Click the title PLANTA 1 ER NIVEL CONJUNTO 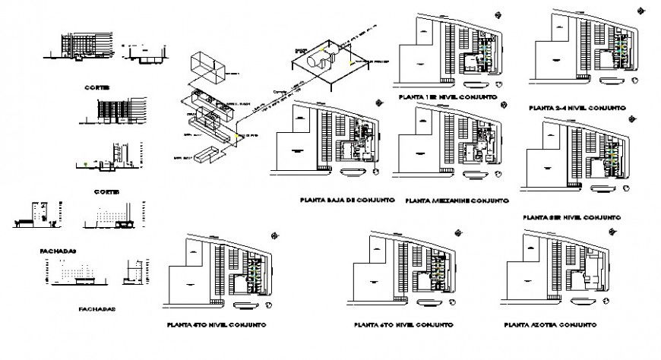(x=447, y=99)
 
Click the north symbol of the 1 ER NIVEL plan (x=498, y=14)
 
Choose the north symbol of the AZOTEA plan (x=608, y=233)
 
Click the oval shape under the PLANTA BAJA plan (x=356, y=173)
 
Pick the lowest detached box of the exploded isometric (x=206, y=156)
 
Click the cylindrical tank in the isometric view (x=316, y=61)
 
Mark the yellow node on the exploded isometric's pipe (x=237, y=136)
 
